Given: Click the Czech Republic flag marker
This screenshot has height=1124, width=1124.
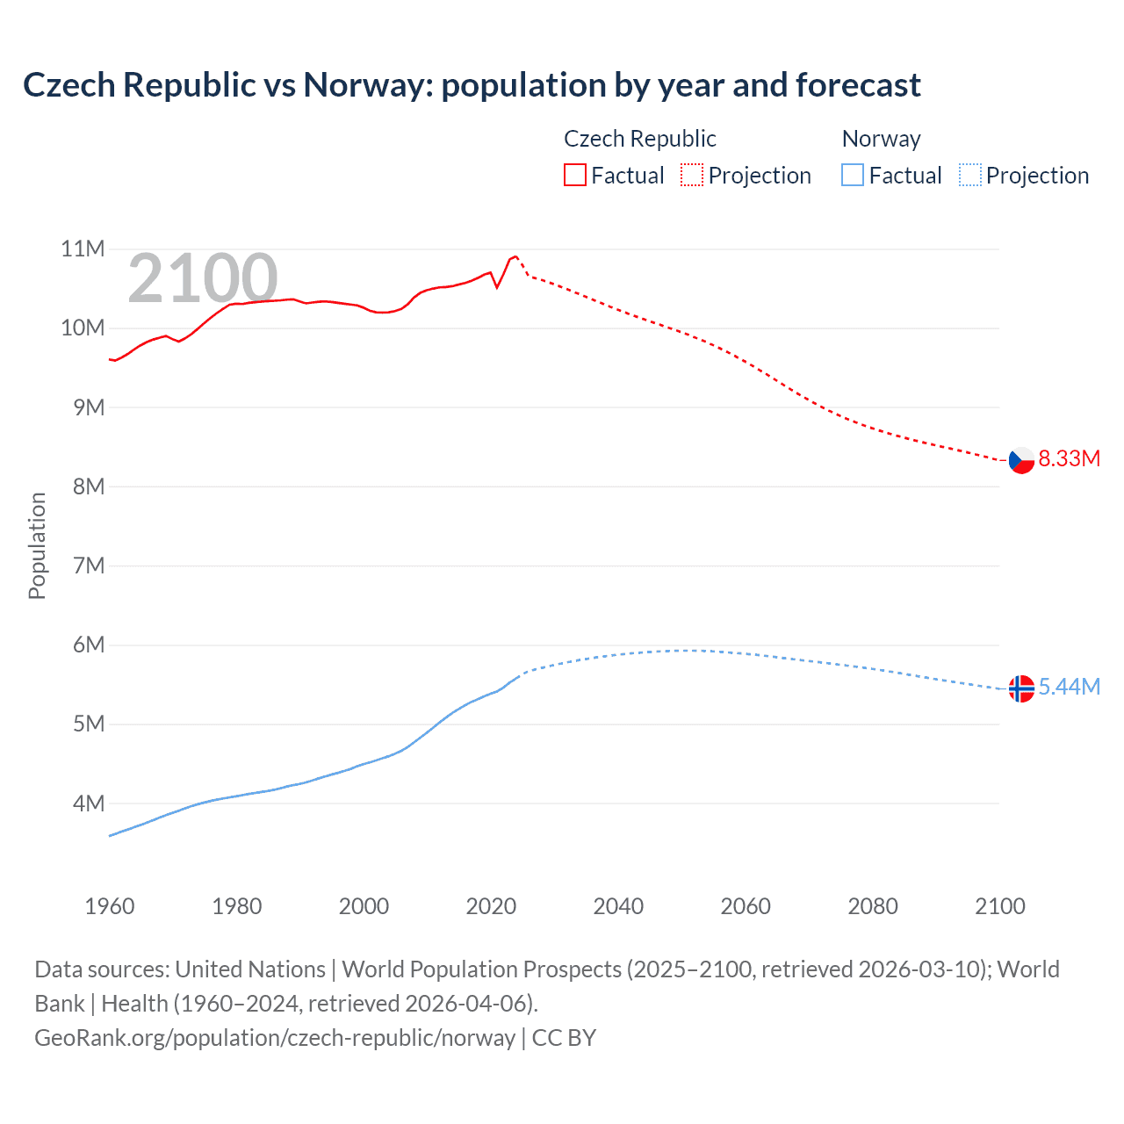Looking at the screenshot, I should [1021, 460].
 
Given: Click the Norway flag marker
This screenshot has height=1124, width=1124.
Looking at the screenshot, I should [1021, 689].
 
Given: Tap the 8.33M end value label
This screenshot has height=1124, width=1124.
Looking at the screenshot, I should [1069, 459].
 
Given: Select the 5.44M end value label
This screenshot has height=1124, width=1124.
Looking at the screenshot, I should [1069, 688].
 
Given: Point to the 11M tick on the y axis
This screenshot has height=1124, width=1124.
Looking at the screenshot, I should [83, 249].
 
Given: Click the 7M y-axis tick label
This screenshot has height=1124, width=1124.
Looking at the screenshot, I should [89, 566].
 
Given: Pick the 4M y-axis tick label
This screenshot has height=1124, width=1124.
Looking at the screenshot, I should [89, 803].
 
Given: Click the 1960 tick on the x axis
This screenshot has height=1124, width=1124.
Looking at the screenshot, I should [110, 906].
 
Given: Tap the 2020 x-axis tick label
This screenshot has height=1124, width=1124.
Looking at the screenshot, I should [491, 906].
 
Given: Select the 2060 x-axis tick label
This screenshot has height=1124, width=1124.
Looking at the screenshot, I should [746, 906].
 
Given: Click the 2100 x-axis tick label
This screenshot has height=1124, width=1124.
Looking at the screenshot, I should [999, 906].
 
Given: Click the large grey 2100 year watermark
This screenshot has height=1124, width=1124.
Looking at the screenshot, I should [203, 279].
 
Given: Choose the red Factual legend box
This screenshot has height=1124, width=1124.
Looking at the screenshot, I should [575, 176].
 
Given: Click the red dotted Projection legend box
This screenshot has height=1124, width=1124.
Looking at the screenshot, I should [692, 176].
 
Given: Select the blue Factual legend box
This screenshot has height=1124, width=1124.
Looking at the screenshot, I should [853, 176].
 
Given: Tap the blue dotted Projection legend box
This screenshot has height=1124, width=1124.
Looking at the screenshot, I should [970, 176].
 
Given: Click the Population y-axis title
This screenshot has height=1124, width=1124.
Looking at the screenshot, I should [37, 545].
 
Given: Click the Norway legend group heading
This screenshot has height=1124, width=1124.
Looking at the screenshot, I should [881, 139].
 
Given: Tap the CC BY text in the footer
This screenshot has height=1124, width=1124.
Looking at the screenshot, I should [564, 1038].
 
